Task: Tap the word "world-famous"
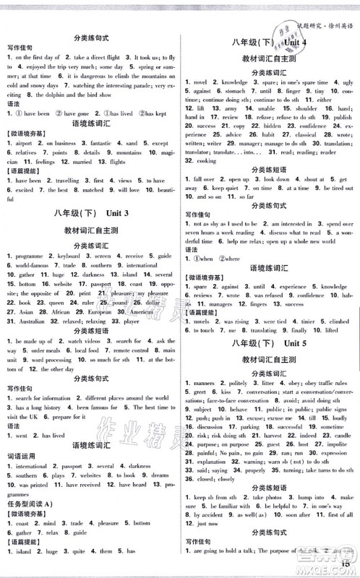pos(30,266)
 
